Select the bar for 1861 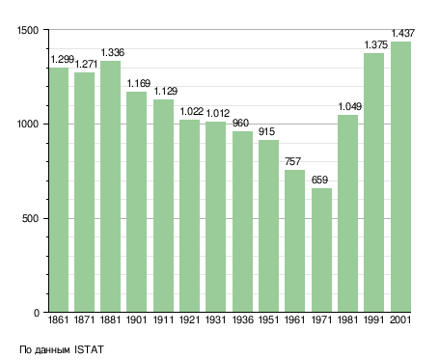coord(59,190)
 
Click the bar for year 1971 coord(321,250)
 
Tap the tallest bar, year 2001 coord(400,177)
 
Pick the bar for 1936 coord(242,222)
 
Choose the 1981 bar coord(347,213)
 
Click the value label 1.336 coord(113,52)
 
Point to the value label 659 coord(319,180)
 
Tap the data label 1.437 coord(402,33)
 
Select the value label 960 coord(240,123)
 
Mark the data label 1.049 coord(350,106)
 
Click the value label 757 coord(292,161)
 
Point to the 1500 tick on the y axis coord(28,30)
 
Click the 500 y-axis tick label coord(30,219)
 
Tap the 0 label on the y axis coord(37,313)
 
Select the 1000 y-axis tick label coord(28,125)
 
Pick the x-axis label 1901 coord(137,319)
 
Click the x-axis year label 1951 coord(268,319)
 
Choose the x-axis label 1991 coord(374,319)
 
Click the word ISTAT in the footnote coord(89,349)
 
